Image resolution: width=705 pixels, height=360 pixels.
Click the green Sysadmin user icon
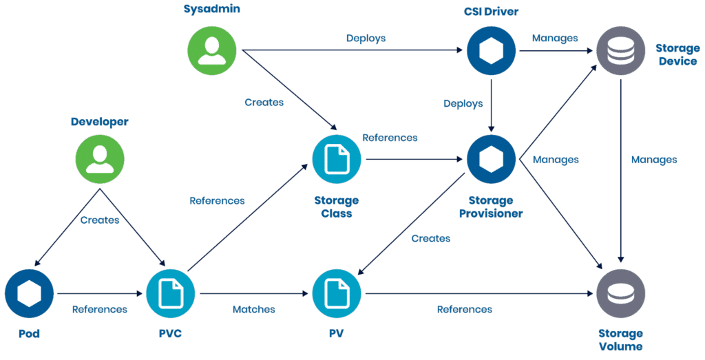coord(212,50)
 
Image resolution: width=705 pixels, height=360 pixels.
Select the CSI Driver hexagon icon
coord(491,50)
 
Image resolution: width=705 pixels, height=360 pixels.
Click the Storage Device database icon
coord(621,50)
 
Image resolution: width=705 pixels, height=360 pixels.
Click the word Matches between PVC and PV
coord(253,310)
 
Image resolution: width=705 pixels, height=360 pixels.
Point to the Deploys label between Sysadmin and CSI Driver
coord(366,39)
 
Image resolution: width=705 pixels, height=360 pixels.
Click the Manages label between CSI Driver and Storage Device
coord(554,39)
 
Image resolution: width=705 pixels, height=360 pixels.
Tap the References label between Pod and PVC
coord(100,310)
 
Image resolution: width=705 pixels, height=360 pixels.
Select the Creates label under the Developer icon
coord(100,220)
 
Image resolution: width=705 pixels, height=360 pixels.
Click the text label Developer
coord(100,122)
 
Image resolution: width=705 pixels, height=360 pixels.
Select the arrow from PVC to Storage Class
coord(248,218)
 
